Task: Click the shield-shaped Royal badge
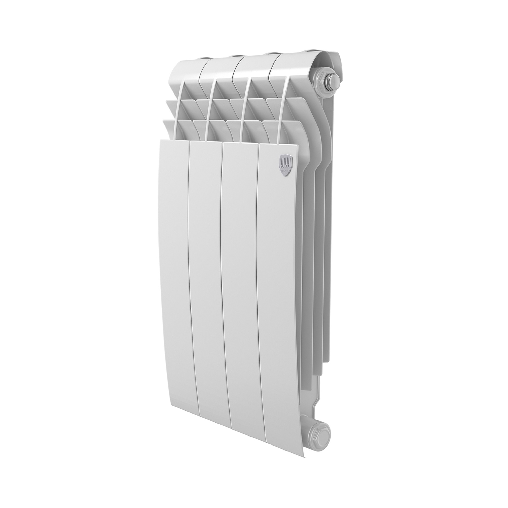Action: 286,166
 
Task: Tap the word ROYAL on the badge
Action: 285,164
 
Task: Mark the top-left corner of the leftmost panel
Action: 161,141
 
